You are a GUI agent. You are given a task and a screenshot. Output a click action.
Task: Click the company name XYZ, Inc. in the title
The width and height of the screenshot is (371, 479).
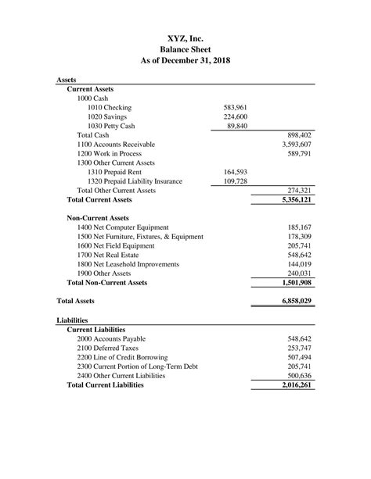185,38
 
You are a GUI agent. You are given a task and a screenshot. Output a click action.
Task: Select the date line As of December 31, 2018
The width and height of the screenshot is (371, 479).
185,61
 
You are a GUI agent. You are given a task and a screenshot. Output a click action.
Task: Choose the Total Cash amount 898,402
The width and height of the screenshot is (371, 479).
295,135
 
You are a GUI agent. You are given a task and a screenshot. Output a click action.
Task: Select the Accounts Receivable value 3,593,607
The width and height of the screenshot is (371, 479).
292,145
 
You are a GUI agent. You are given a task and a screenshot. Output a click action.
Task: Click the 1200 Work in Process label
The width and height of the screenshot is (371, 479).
110,154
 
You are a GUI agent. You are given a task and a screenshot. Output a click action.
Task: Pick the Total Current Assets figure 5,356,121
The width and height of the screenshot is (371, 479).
292,200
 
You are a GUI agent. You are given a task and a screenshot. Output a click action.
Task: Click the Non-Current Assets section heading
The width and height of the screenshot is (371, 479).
98,218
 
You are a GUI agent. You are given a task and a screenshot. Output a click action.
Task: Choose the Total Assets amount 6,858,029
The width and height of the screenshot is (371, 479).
292,301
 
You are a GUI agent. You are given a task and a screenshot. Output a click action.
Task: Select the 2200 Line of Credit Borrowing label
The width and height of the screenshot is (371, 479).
127,358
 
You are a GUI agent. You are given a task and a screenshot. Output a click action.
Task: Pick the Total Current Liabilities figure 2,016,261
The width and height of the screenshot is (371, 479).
292,385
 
